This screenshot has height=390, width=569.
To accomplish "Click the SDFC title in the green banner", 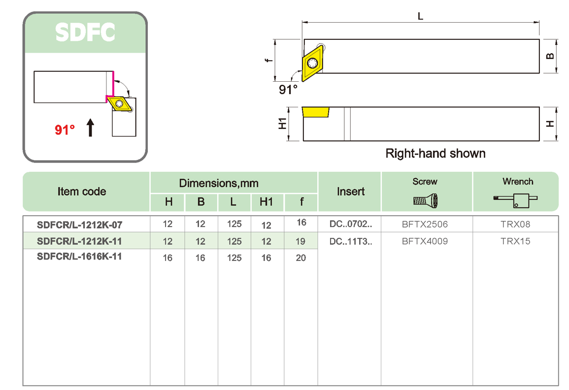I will (x=85, y=32).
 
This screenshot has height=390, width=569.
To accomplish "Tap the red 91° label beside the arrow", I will (x=65, y=130).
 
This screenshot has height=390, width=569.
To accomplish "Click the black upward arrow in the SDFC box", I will (x=90, y=127).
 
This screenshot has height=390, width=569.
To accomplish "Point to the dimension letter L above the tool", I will (x=420, y=17).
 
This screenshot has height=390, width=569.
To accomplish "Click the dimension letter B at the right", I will (x=550, y=56).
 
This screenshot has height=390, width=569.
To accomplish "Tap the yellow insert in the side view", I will (x=316, y=112).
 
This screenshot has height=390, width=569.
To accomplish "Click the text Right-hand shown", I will (x=435, y=154).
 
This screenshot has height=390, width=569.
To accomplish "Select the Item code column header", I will (x=82, y=192).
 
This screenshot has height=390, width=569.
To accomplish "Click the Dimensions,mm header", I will (x=219, y=184).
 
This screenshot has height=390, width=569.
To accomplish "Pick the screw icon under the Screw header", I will (x=425, y=200).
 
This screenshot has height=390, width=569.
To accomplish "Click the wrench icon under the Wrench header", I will (x=515, y=200).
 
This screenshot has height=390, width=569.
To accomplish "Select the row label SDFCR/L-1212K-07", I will (x=79, y=225).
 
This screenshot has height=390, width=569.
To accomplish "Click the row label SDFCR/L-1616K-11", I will (x=79, y=257).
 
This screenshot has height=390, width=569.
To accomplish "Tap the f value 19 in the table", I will (x=301, y=241).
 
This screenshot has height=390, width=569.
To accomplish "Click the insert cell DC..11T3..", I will (x=350, y=241).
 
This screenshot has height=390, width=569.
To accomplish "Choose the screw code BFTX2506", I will (x=425, y=225).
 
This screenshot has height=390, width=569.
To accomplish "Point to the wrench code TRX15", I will (x=515, y=241).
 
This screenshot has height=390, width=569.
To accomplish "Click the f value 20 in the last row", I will (x=301, y=258).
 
